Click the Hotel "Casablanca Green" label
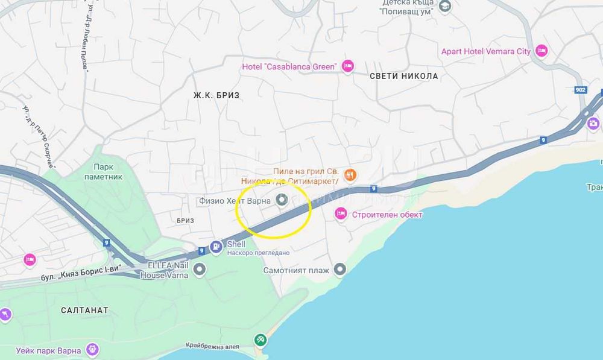click(x=289, y=66)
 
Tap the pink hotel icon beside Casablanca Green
click(x=347, y=66)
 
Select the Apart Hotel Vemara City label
click(x=486, y=51)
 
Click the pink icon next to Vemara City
click(x=541, y=51)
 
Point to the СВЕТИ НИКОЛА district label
click(x=403, y=77)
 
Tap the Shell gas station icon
click(x=216, y=247)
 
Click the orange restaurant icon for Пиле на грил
click(x=350, y=175)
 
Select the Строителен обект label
click(x=387, y=214)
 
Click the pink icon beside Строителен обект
click(x=341, y=213)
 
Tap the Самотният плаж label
click(x=296, y=270)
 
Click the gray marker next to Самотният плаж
click(x=340, y=270)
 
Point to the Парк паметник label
click(x=108, y=171)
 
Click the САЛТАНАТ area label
click(x=85, y=310)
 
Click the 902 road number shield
click(x=580, y=89)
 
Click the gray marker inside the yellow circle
click(x=281, y=200)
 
